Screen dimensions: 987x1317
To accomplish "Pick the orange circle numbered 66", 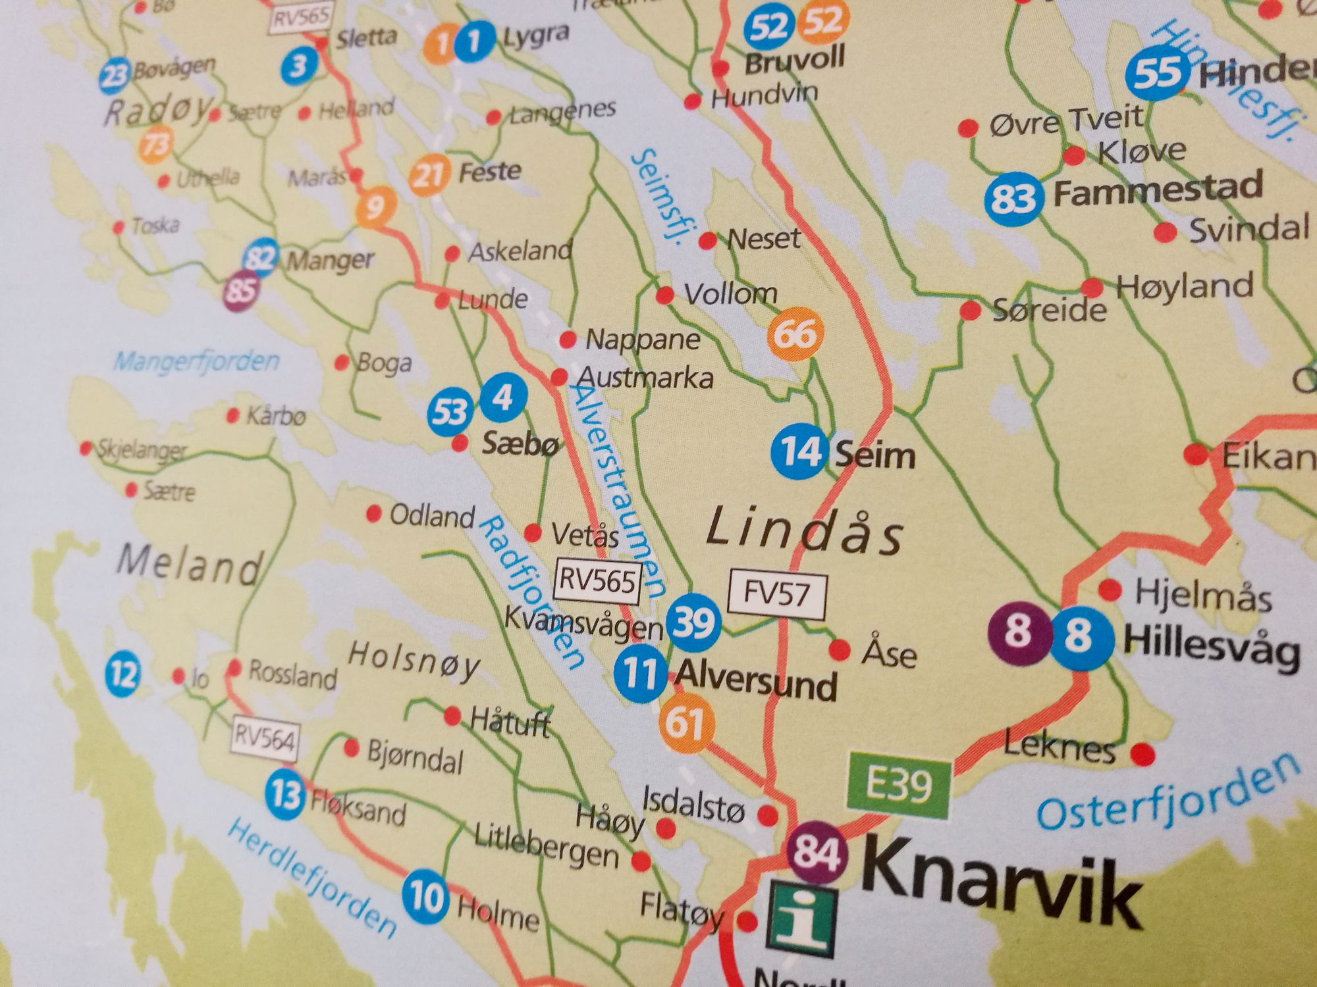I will [795, 334].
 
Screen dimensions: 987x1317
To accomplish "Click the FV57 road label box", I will [777, 594].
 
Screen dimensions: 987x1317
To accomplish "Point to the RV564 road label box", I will [265, 739].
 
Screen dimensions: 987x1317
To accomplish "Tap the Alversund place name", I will [756, 681].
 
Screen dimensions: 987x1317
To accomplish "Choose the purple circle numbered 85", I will [240, 290].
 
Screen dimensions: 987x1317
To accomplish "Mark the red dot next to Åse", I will [839, 650].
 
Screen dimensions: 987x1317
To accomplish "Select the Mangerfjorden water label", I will [196, 361].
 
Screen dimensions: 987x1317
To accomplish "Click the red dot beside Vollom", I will [665, 295].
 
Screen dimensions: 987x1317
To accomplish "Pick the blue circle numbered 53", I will [450, 413].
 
